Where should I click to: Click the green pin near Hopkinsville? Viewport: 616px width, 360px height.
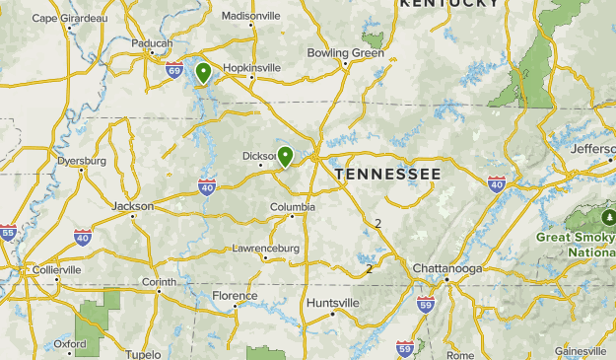coord(203,72)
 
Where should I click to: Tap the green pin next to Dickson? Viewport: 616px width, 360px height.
coord(285,155)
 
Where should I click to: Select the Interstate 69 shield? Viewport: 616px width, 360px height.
coord(174,70)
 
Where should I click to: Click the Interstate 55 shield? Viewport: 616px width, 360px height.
coord(8,233)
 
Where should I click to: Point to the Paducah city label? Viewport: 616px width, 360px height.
coord(150,43)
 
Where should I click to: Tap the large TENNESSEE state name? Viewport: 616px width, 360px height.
coord(387,174)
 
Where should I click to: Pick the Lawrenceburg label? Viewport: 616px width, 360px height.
coord(265,249)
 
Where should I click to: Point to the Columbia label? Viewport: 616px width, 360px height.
coord(293,207)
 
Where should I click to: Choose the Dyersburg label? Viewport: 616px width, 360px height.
coord(81,160)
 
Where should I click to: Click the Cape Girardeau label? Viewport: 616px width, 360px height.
coord(69,18)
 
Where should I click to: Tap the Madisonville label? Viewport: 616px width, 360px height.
coord(250,17)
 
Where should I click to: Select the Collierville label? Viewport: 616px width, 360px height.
coord(56,269)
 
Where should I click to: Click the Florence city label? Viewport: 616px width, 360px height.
coord(235,296)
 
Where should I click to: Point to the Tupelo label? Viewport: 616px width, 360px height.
coord(143,353)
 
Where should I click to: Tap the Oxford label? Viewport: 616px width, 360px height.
coord(70,344)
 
